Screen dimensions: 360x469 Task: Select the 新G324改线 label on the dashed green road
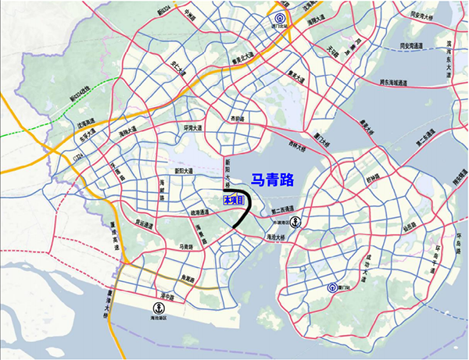point(81,100)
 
